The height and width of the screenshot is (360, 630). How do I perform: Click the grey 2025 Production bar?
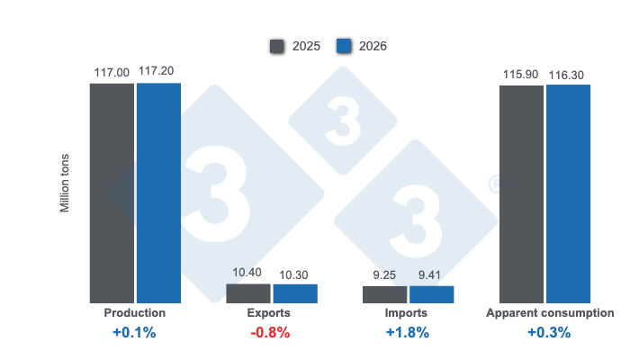(x=112, y=193)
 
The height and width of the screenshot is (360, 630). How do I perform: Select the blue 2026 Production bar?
(x=158, y=193)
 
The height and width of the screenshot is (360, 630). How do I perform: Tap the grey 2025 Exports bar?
(x=247, y=293)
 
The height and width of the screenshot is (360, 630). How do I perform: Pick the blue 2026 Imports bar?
(x=432, y=294)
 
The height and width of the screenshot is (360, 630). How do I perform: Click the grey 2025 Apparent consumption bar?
(x=521, y=193)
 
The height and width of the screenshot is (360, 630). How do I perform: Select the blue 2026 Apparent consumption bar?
(x=568, y=193)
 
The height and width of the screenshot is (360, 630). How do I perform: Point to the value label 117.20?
(x=159, y=70)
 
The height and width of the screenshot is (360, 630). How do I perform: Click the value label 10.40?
(x=247, y=272)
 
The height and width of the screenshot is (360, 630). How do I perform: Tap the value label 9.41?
(x=432, y=274)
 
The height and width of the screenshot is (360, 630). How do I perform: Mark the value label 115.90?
(x=521, y=72)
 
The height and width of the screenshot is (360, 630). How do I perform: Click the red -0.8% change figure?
(x=269, y=333)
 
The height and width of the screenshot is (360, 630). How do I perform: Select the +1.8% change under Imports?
(x=408, y=333)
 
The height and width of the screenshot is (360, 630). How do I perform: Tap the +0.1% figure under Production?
(x=134, y=333)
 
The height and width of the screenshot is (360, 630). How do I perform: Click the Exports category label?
(x=269, y=313)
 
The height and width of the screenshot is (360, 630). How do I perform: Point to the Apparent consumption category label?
(x=550, y=313)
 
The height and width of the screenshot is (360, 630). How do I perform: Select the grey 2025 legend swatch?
(x=277, y=46)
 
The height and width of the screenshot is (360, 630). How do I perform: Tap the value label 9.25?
(x=385, y=274)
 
